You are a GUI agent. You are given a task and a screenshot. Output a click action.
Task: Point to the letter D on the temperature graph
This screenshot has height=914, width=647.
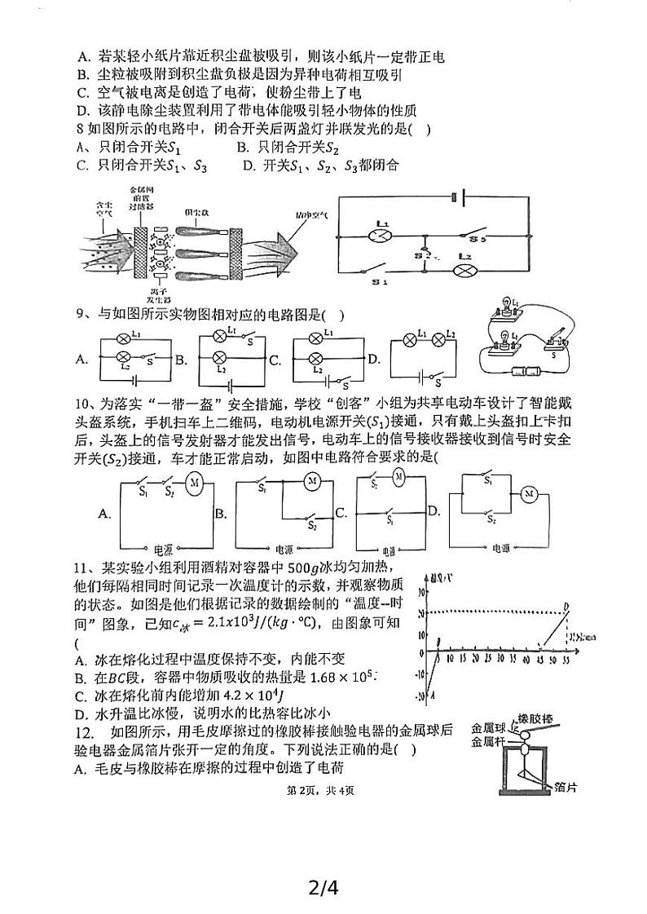click(566, 605)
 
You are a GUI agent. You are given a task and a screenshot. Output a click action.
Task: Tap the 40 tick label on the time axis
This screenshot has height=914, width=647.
click(527, 659)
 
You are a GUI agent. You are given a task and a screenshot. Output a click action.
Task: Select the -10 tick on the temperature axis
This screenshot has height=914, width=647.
click(420, 673)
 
